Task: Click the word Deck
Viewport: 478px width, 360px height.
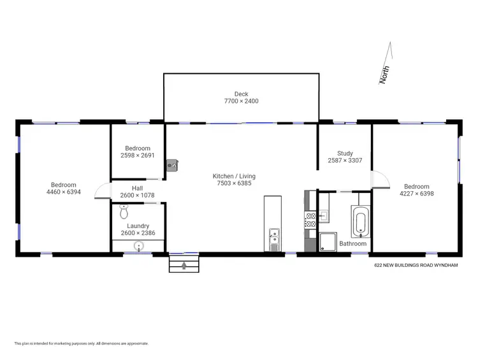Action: [x=241, y=94]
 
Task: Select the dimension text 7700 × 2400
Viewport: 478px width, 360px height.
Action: [x=241, y=101]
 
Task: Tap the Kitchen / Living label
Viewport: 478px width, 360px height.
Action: [x=235, y=176]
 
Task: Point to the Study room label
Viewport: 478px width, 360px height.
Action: [x=345, y=153]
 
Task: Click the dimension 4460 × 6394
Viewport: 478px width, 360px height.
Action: [x=64, y=192]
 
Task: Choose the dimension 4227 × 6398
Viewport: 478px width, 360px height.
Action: [x=416, y=194]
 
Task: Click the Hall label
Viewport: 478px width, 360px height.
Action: [x=137, y=188]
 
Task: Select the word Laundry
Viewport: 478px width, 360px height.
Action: [x=138, y=226]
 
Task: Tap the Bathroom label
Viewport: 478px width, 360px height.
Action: [x=352, y=243]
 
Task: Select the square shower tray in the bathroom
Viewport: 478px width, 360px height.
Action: [x=330, y=241]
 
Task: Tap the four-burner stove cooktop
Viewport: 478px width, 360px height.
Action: [x=311, y=220]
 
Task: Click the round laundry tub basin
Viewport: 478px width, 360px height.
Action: [x=138, y=245]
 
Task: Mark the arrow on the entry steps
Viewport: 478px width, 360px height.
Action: [x=184, y=264]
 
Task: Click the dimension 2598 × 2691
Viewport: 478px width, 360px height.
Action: [x=138, y=155]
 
